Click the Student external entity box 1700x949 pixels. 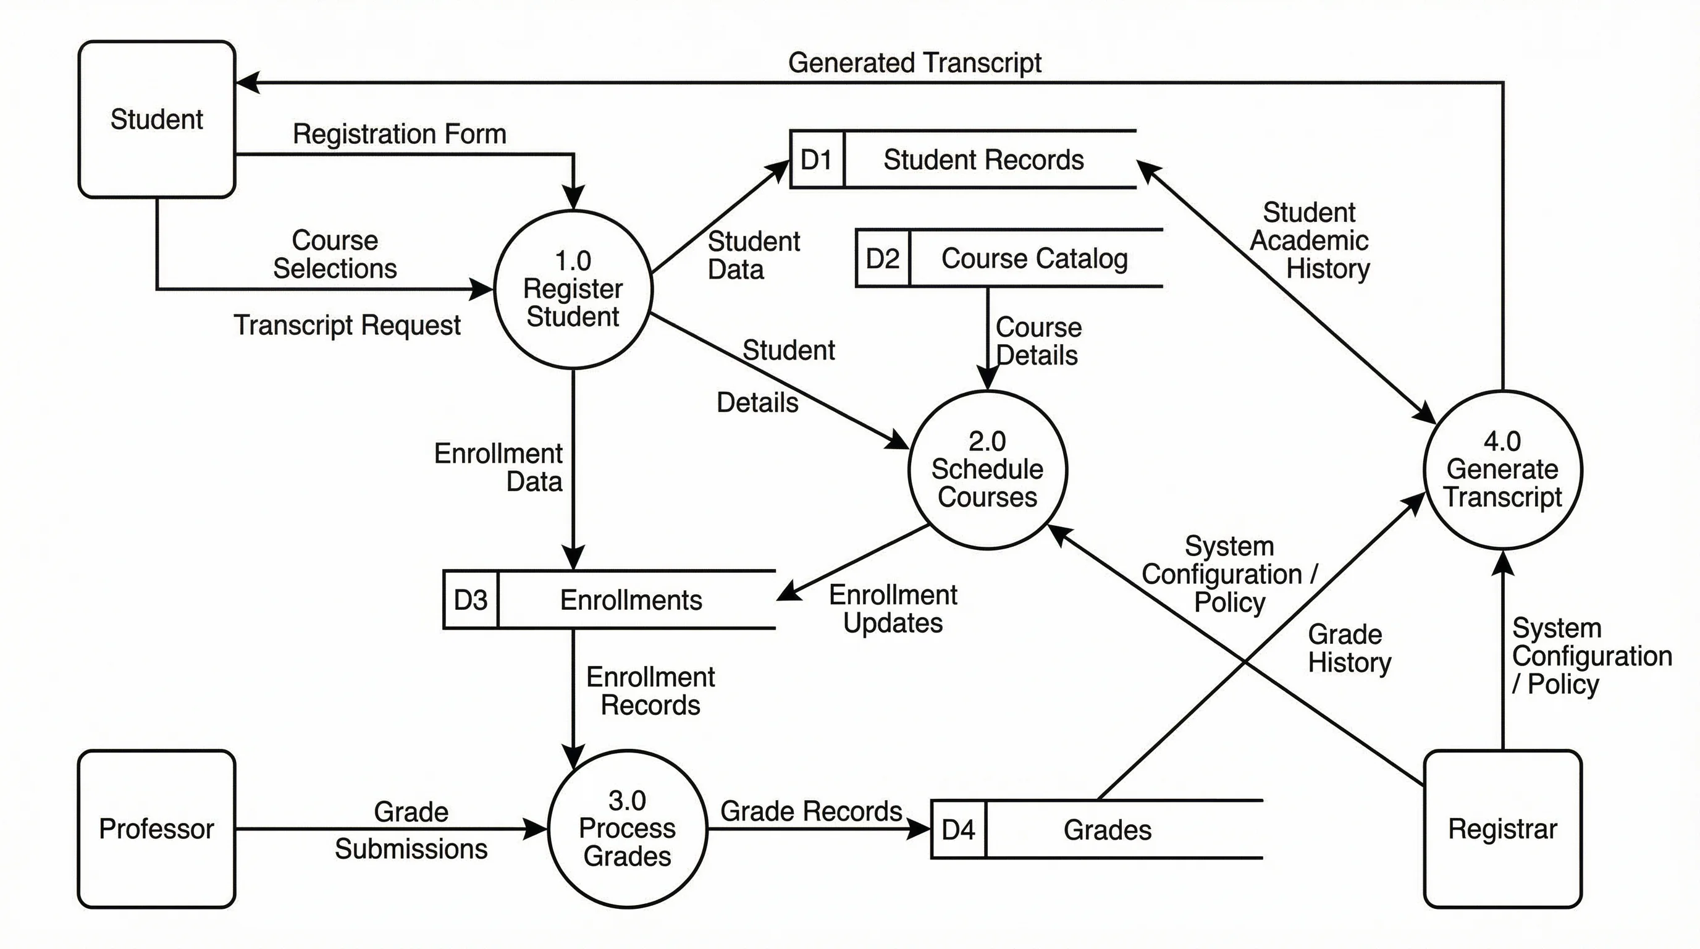156,119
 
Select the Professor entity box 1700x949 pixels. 156,829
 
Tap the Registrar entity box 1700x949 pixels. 1503,829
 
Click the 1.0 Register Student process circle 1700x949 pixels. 573,289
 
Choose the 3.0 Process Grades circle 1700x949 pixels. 627,829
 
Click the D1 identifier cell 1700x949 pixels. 817,159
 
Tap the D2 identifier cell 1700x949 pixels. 882,259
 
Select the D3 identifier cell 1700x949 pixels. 471,600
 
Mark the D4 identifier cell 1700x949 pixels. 958,830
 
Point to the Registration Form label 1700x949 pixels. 399,134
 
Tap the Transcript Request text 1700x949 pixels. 347,326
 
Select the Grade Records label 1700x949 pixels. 811,811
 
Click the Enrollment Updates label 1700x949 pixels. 893,609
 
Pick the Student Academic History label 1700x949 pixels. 1310,241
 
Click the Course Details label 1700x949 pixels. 1037,341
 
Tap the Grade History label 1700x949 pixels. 1349,648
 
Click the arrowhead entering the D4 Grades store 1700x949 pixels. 920,829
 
